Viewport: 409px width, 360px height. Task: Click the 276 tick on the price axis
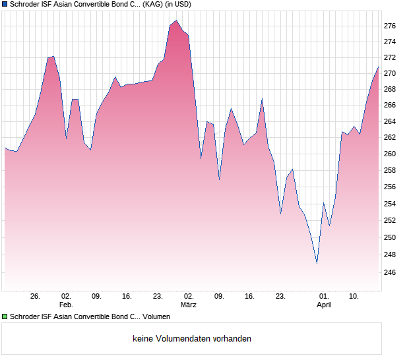pos(390,26)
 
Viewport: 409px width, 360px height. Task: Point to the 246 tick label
pos(390,272)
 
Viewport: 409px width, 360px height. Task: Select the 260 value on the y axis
pos(390,154)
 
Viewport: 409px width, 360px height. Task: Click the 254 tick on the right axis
pos(390,203)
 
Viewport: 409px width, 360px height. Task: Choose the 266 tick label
pos(390,105)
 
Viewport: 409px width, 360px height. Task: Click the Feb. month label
pos(66,305)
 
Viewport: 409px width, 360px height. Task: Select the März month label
pos(189,305)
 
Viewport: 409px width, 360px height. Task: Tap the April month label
pos(324,305)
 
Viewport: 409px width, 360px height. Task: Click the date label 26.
pos(36,297)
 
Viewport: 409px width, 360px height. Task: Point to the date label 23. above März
pos(158,297)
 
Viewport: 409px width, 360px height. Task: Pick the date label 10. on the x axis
pos(354,297)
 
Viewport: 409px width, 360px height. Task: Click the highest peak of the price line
pos(176,20)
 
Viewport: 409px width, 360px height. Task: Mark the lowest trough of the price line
pos(317,263)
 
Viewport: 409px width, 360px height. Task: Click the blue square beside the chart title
pos(5,4)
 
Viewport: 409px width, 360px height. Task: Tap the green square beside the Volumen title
pos(5,317)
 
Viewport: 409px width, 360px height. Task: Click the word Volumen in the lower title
pos(156,317)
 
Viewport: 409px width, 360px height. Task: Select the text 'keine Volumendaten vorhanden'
pos(192,339)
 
